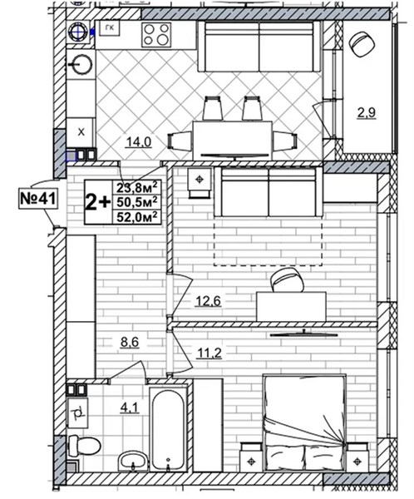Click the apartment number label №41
coord(38,199)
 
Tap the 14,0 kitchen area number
coord(139,141)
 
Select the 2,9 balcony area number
coord(367,112)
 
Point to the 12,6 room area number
coord(208,301)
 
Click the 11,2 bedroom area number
coord(209,353)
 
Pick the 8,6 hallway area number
coord(130,343)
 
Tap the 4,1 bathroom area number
coord(130,408)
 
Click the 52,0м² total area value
coord(137,217)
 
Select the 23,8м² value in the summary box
coord(137,187)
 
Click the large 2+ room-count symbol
coord(98,202)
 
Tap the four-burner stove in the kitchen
coord(156,35)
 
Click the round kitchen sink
coord(80,65)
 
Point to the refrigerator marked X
coord(81,132)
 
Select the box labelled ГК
coord(110,28)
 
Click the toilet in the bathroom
coord(84,445)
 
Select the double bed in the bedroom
coord(304,423)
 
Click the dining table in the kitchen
coord(232,141)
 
